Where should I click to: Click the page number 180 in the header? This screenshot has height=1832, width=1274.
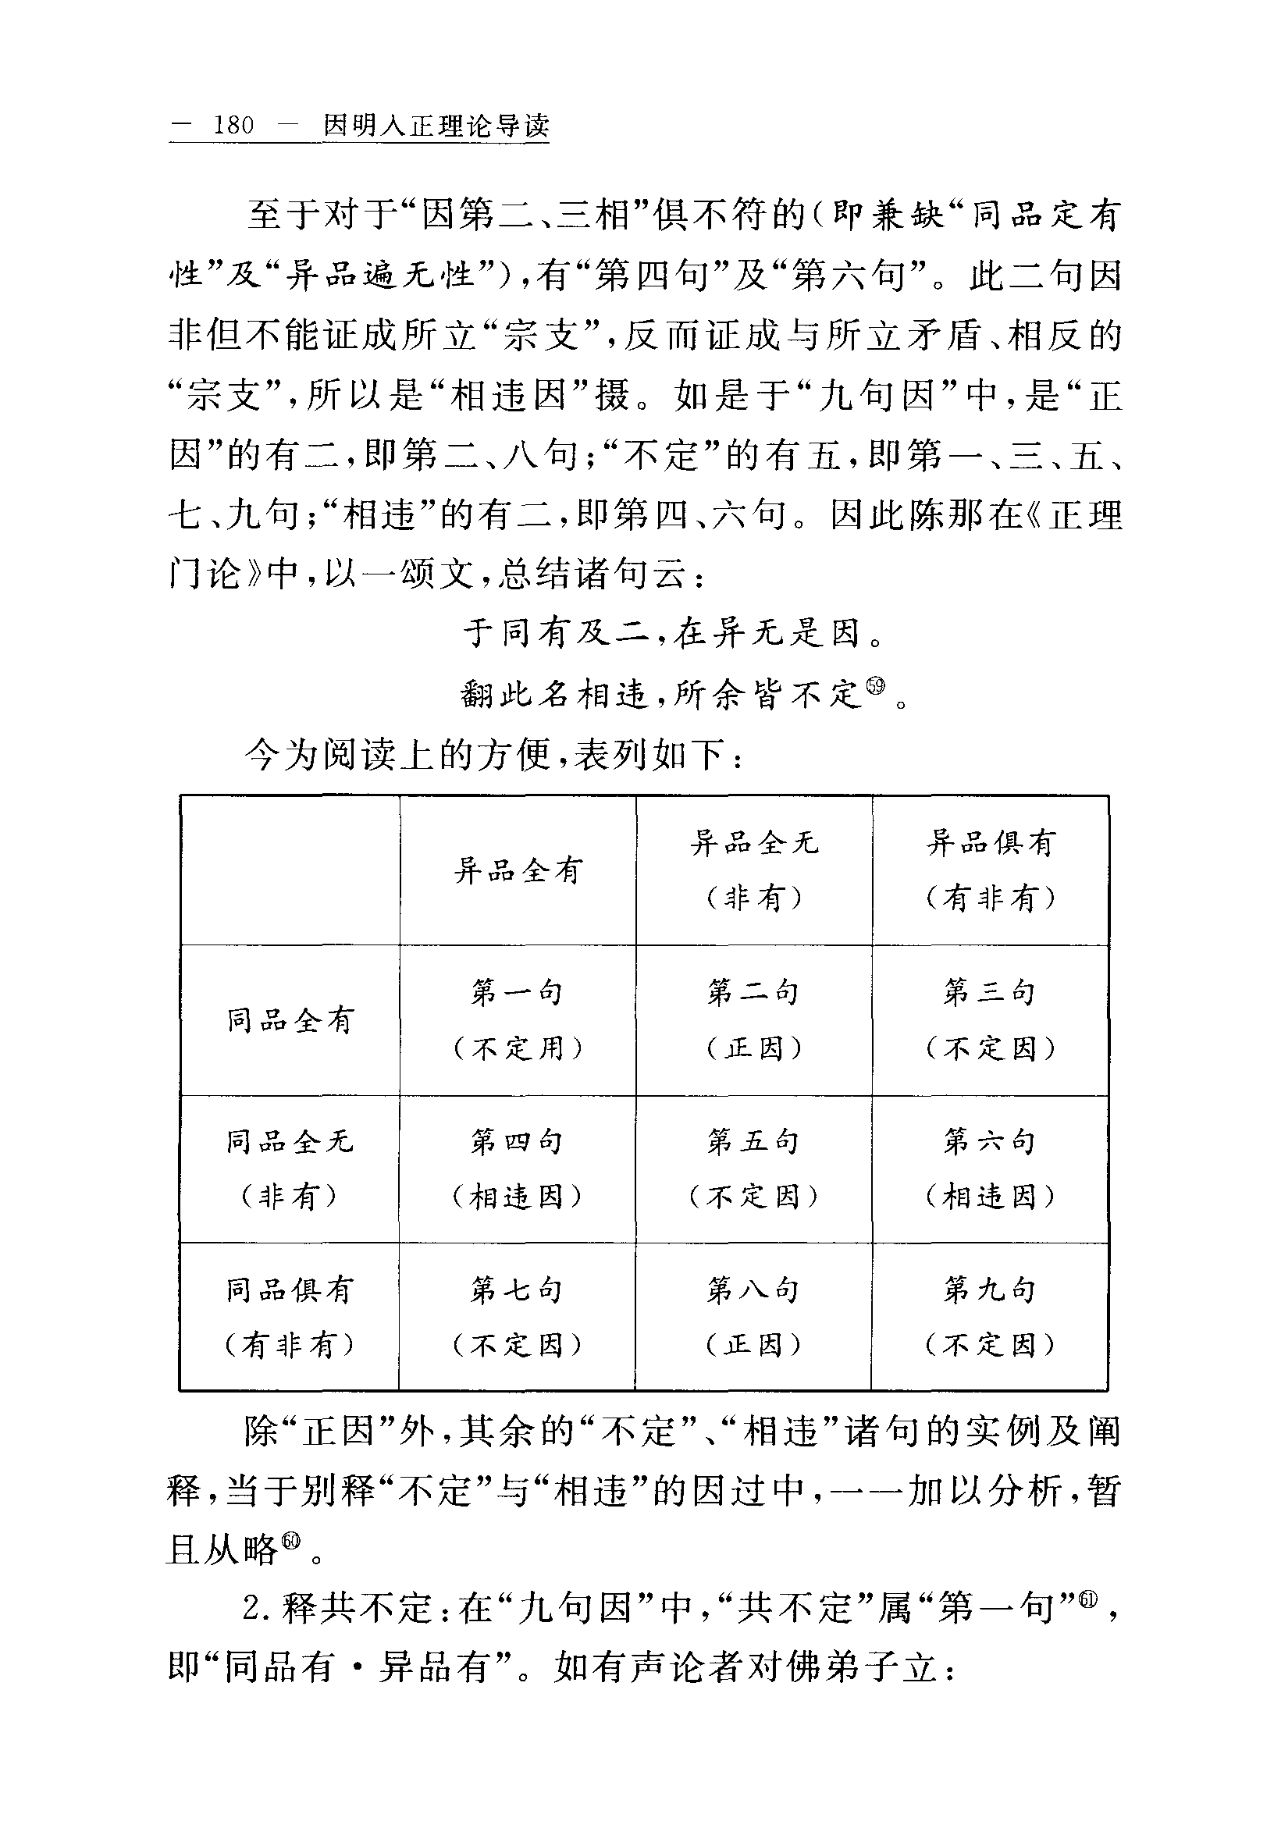pyautogui.click(x=233, y=125)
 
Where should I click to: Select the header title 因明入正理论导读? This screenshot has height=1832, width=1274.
pyautogui.click(x=436, y=125)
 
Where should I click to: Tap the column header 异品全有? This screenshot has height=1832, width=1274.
pyautogui.click(x=518, y=870)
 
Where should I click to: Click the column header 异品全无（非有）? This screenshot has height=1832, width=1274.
pyautogui.click(x=754, y=870)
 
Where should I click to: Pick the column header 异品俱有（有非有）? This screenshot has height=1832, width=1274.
pyautogui.click(x=991, y=870)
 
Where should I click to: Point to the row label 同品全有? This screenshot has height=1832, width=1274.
pyautogui.click(x=290, y=1019)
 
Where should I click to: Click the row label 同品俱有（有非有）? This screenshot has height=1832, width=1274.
pyautogui.click(x=290, y=1318)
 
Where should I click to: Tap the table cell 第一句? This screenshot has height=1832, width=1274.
pyautogui.click(x=518, y=1019)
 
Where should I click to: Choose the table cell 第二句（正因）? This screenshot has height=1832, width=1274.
pyautogui.click(x=754, y=1019)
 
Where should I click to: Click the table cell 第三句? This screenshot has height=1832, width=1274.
pyautogui.click(x=991, y=1019)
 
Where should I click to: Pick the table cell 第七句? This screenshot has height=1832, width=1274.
pyautogui.click(x=518, y=1318)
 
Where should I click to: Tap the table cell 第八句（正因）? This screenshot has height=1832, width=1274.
pyautogui.click(x=754, y=1318)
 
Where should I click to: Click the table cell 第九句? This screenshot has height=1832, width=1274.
pyautogui.click(x=991, y=1318)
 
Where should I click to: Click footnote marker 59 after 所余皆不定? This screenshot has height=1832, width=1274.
pyautogui.click(x=876, y=685)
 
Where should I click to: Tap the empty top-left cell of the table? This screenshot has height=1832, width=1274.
pyautogui.click(x=290, y=870)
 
